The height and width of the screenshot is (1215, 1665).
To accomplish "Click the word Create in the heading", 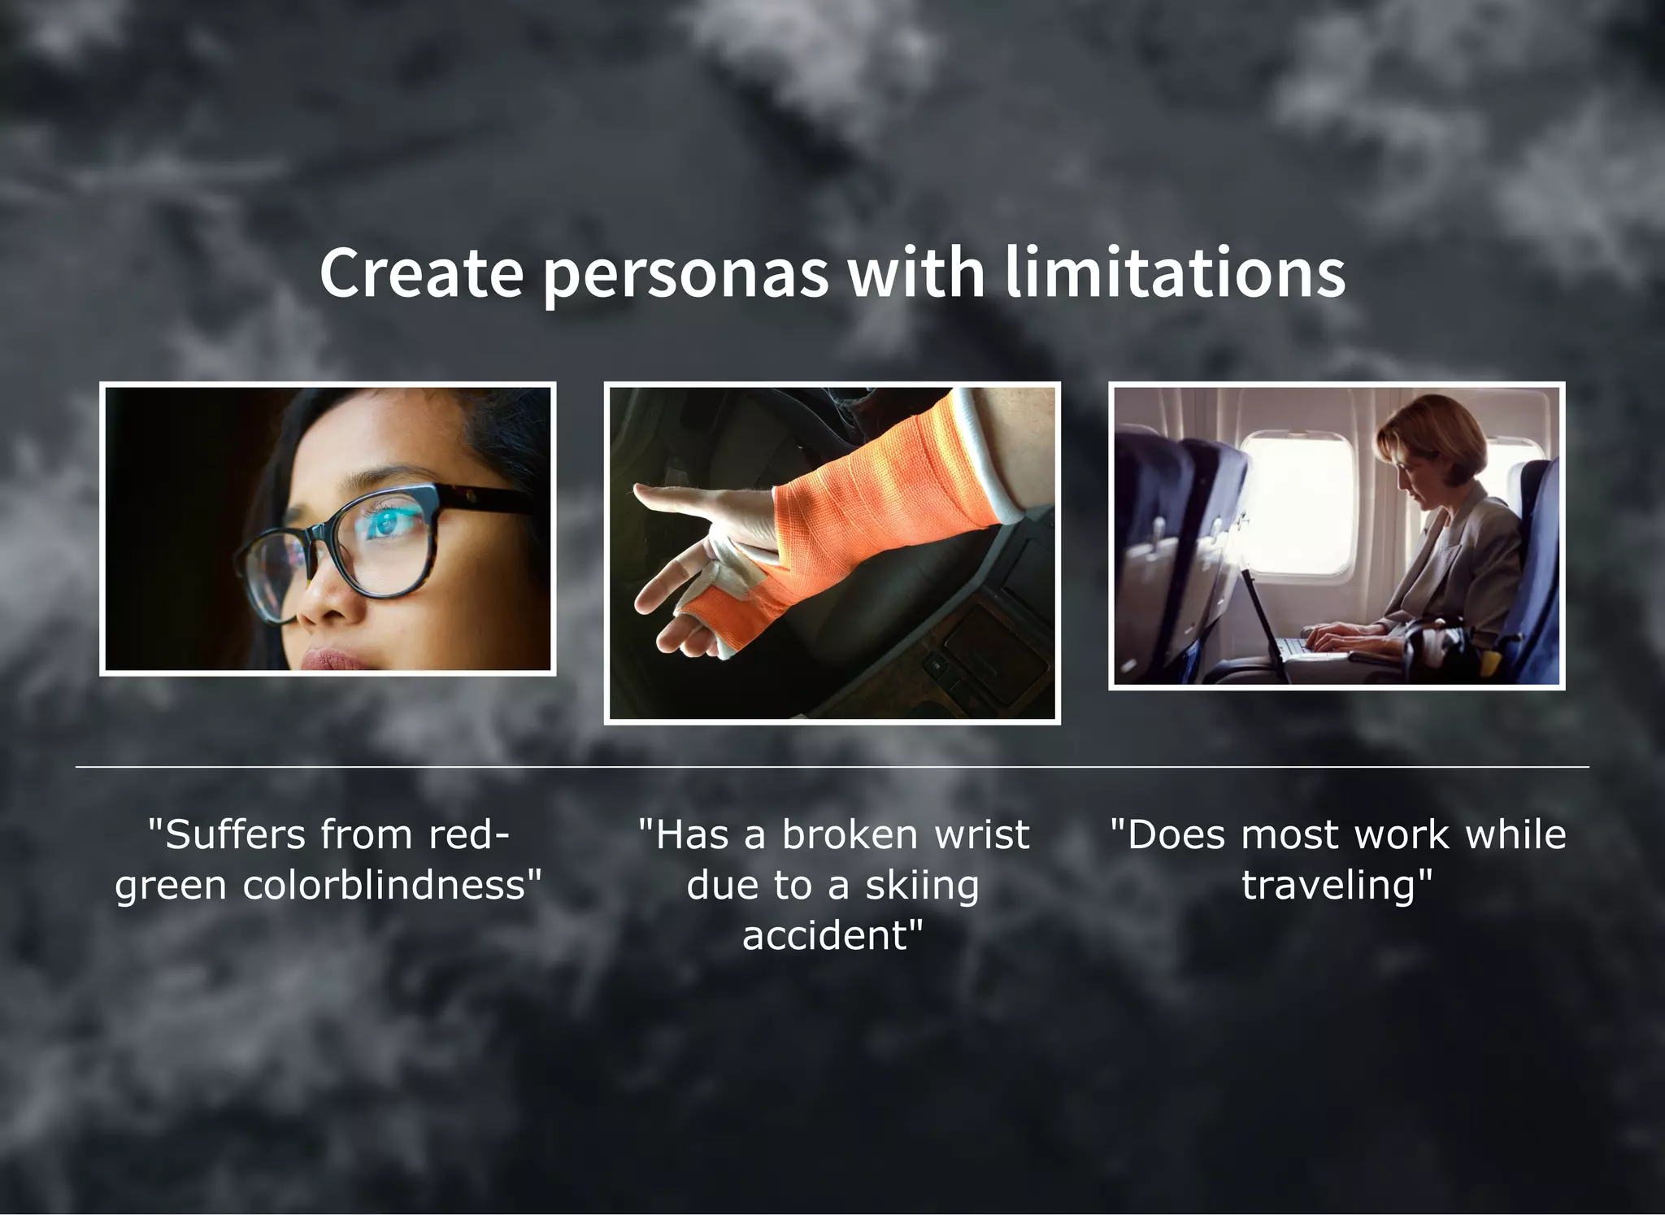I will click(x=421, y=272).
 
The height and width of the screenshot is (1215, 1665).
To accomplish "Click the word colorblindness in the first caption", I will click(x=393, y=885).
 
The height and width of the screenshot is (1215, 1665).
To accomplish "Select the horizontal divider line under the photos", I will click(x=832, y=766).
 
